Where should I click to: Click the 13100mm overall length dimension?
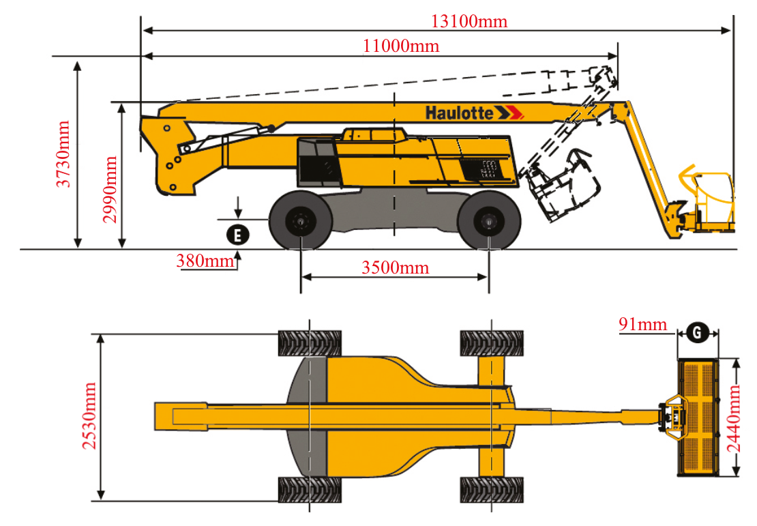[469, 21]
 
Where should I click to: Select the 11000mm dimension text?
[401, 46]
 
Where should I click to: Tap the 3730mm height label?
[63, 154]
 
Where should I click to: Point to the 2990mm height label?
[109, 190]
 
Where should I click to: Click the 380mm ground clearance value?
[203, 261]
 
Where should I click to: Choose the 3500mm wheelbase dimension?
[396, 267]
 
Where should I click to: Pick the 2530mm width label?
[89, 417]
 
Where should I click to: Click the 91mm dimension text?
[642, 324]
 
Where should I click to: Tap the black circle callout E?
[237, 235]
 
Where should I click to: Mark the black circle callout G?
[696, 332]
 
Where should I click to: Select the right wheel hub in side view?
[489, 222]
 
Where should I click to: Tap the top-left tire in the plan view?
[310, 343]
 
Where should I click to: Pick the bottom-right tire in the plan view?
[492, 489]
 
